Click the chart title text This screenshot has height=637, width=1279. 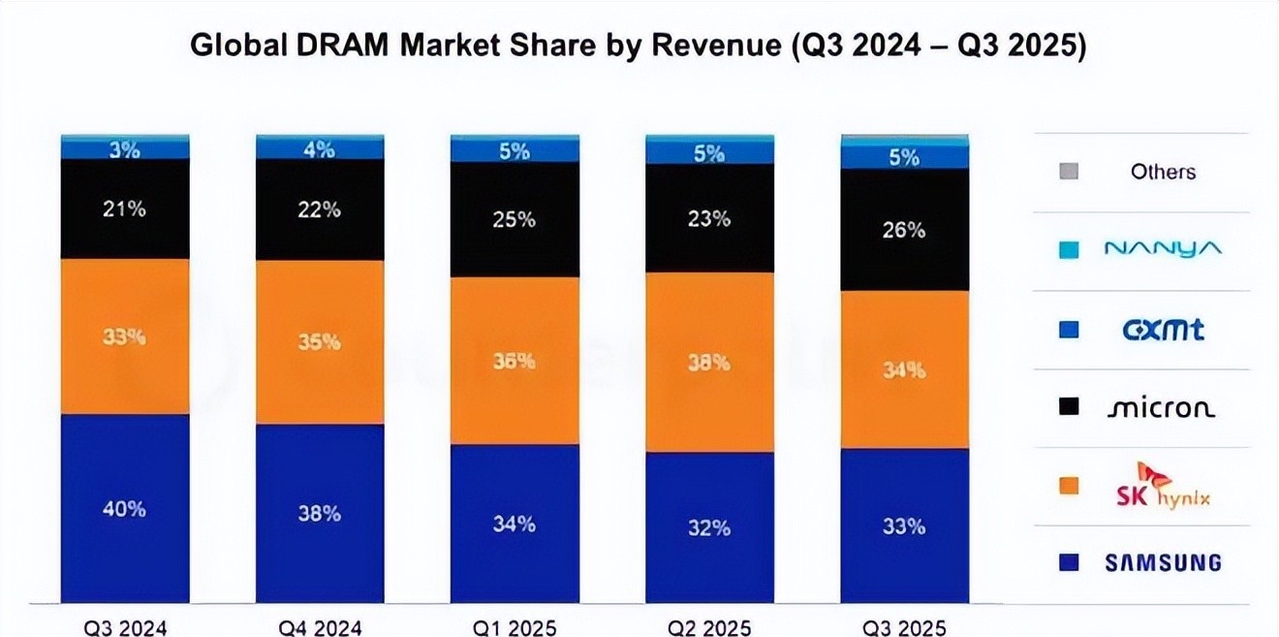tap(638, 46)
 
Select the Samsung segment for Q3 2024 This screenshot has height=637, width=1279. tap(125, 543)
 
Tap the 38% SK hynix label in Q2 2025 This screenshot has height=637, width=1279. tap(709, 364)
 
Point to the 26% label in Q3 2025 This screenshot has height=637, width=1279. tap(904, 231)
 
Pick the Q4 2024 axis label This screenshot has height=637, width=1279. tap(320, 627)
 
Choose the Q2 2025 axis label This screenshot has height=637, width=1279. tap(709, 627)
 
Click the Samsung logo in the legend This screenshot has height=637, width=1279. tap(1163, 562)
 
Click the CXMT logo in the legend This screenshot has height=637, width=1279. tap(1163, 330)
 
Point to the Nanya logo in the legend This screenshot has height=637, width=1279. tap(1163, 250)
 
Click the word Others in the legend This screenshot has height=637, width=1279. tap(1163, 172)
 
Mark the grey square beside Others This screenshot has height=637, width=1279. tap(1069, 172)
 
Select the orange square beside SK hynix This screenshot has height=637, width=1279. tap(1069, 486)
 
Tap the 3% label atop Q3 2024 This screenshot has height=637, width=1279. tap(125, 150)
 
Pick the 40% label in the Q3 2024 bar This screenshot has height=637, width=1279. tap(125, 508)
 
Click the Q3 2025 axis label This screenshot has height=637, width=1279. tap(904, 627)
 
